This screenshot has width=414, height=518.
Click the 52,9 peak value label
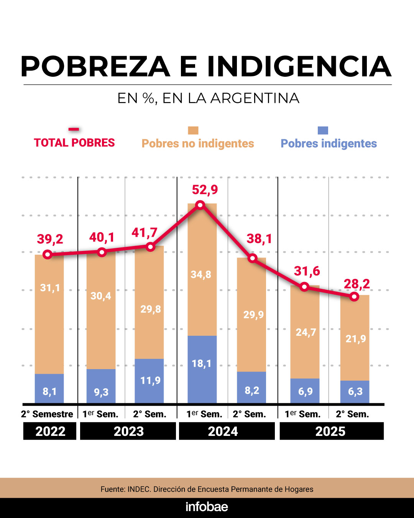pos(205,190)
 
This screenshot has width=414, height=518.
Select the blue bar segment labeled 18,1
pos(202,369)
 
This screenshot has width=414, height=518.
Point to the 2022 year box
pos(50,431)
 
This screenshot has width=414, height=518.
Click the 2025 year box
pos(331,431)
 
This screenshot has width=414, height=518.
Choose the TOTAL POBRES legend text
pos(74,143)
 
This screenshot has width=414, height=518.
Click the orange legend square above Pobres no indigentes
pos(193,130)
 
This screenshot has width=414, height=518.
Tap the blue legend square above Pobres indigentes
pos(323,130)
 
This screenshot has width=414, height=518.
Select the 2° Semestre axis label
pos(47,414)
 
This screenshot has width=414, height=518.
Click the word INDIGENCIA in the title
pos(299,66)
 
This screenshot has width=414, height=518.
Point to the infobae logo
pos(207,507)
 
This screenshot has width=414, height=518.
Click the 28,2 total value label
pos(356,284)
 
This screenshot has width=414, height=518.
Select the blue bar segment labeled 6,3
pos(355,392)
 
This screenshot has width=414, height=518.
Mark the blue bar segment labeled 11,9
pos(149,381)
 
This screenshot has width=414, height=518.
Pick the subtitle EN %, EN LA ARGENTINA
pos(208,98)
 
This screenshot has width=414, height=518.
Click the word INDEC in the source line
pos(139,489)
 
